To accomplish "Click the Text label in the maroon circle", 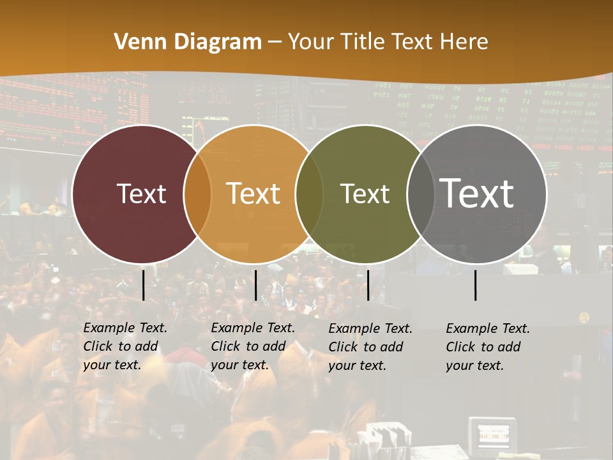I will point(141,194).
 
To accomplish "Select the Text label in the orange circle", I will point(254,194).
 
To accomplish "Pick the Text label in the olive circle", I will point(365,194).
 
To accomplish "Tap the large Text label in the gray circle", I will point(477,193).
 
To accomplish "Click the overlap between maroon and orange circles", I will point(197,194).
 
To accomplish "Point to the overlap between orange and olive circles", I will point(309,194).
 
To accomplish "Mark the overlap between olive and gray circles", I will point(420,194).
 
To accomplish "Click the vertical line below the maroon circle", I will point(144,285).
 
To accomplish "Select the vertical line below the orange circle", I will point(255,285).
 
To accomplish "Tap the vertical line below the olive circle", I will point(368,285).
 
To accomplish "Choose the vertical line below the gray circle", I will point(476,285).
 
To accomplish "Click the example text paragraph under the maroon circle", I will point(125,346).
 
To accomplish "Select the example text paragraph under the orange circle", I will point(253,346).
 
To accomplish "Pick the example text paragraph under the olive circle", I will point(370,347).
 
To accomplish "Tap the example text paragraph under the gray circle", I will point(488,347).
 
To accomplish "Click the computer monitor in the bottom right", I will point(492,435).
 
